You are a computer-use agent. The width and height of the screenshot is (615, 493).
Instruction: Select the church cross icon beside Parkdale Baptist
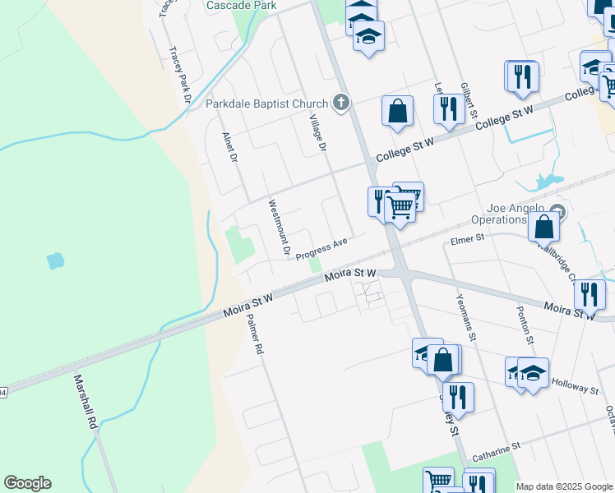[341, 104]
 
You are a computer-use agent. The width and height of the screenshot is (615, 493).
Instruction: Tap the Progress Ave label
[322, 248]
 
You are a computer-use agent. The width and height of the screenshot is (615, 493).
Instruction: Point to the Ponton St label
[521, 323]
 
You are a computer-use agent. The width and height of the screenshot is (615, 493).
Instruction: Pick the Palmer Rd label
[254, 336]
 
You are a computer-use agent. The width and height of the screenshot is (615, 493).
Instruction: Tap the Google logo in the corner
[27, 483]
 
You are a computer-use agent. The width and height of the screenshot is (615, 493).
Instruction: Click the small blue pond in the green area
[55, 261]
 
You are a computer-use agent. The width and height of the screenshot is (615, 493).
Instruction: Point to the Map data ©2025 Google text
[564, 486]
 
